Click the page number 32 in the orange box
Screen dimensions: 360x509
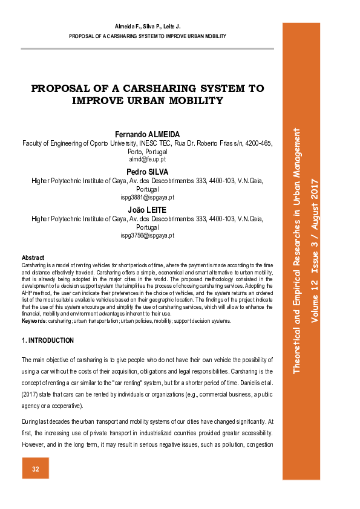tap(36, 469)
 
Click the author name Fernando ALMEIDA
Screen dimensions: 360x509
tap(148, 134)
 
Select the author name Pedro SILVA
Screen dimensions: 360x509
tap(148, 172)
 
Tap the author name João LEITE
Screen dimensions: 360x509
tap(148, 210)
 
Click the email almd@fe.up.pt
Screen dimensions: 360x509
tap(148, 159)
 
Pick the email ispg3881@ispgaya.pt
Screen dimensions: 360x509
tap(148, 197)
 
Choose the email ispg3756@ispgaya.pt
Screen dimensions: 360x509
tap(148, 235)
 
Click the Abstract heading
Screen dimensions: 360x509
tap(33, 258)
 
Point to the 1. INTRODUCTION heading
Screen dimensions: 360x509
tap(48, 341)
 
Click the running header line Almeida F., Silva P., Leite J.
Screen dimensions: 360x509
tap(148, 28)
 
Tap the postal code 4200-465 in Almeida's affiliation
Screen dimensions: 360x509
tap(258, 143)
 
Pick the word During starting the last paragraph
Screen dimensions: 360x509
tap(32, 420)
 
